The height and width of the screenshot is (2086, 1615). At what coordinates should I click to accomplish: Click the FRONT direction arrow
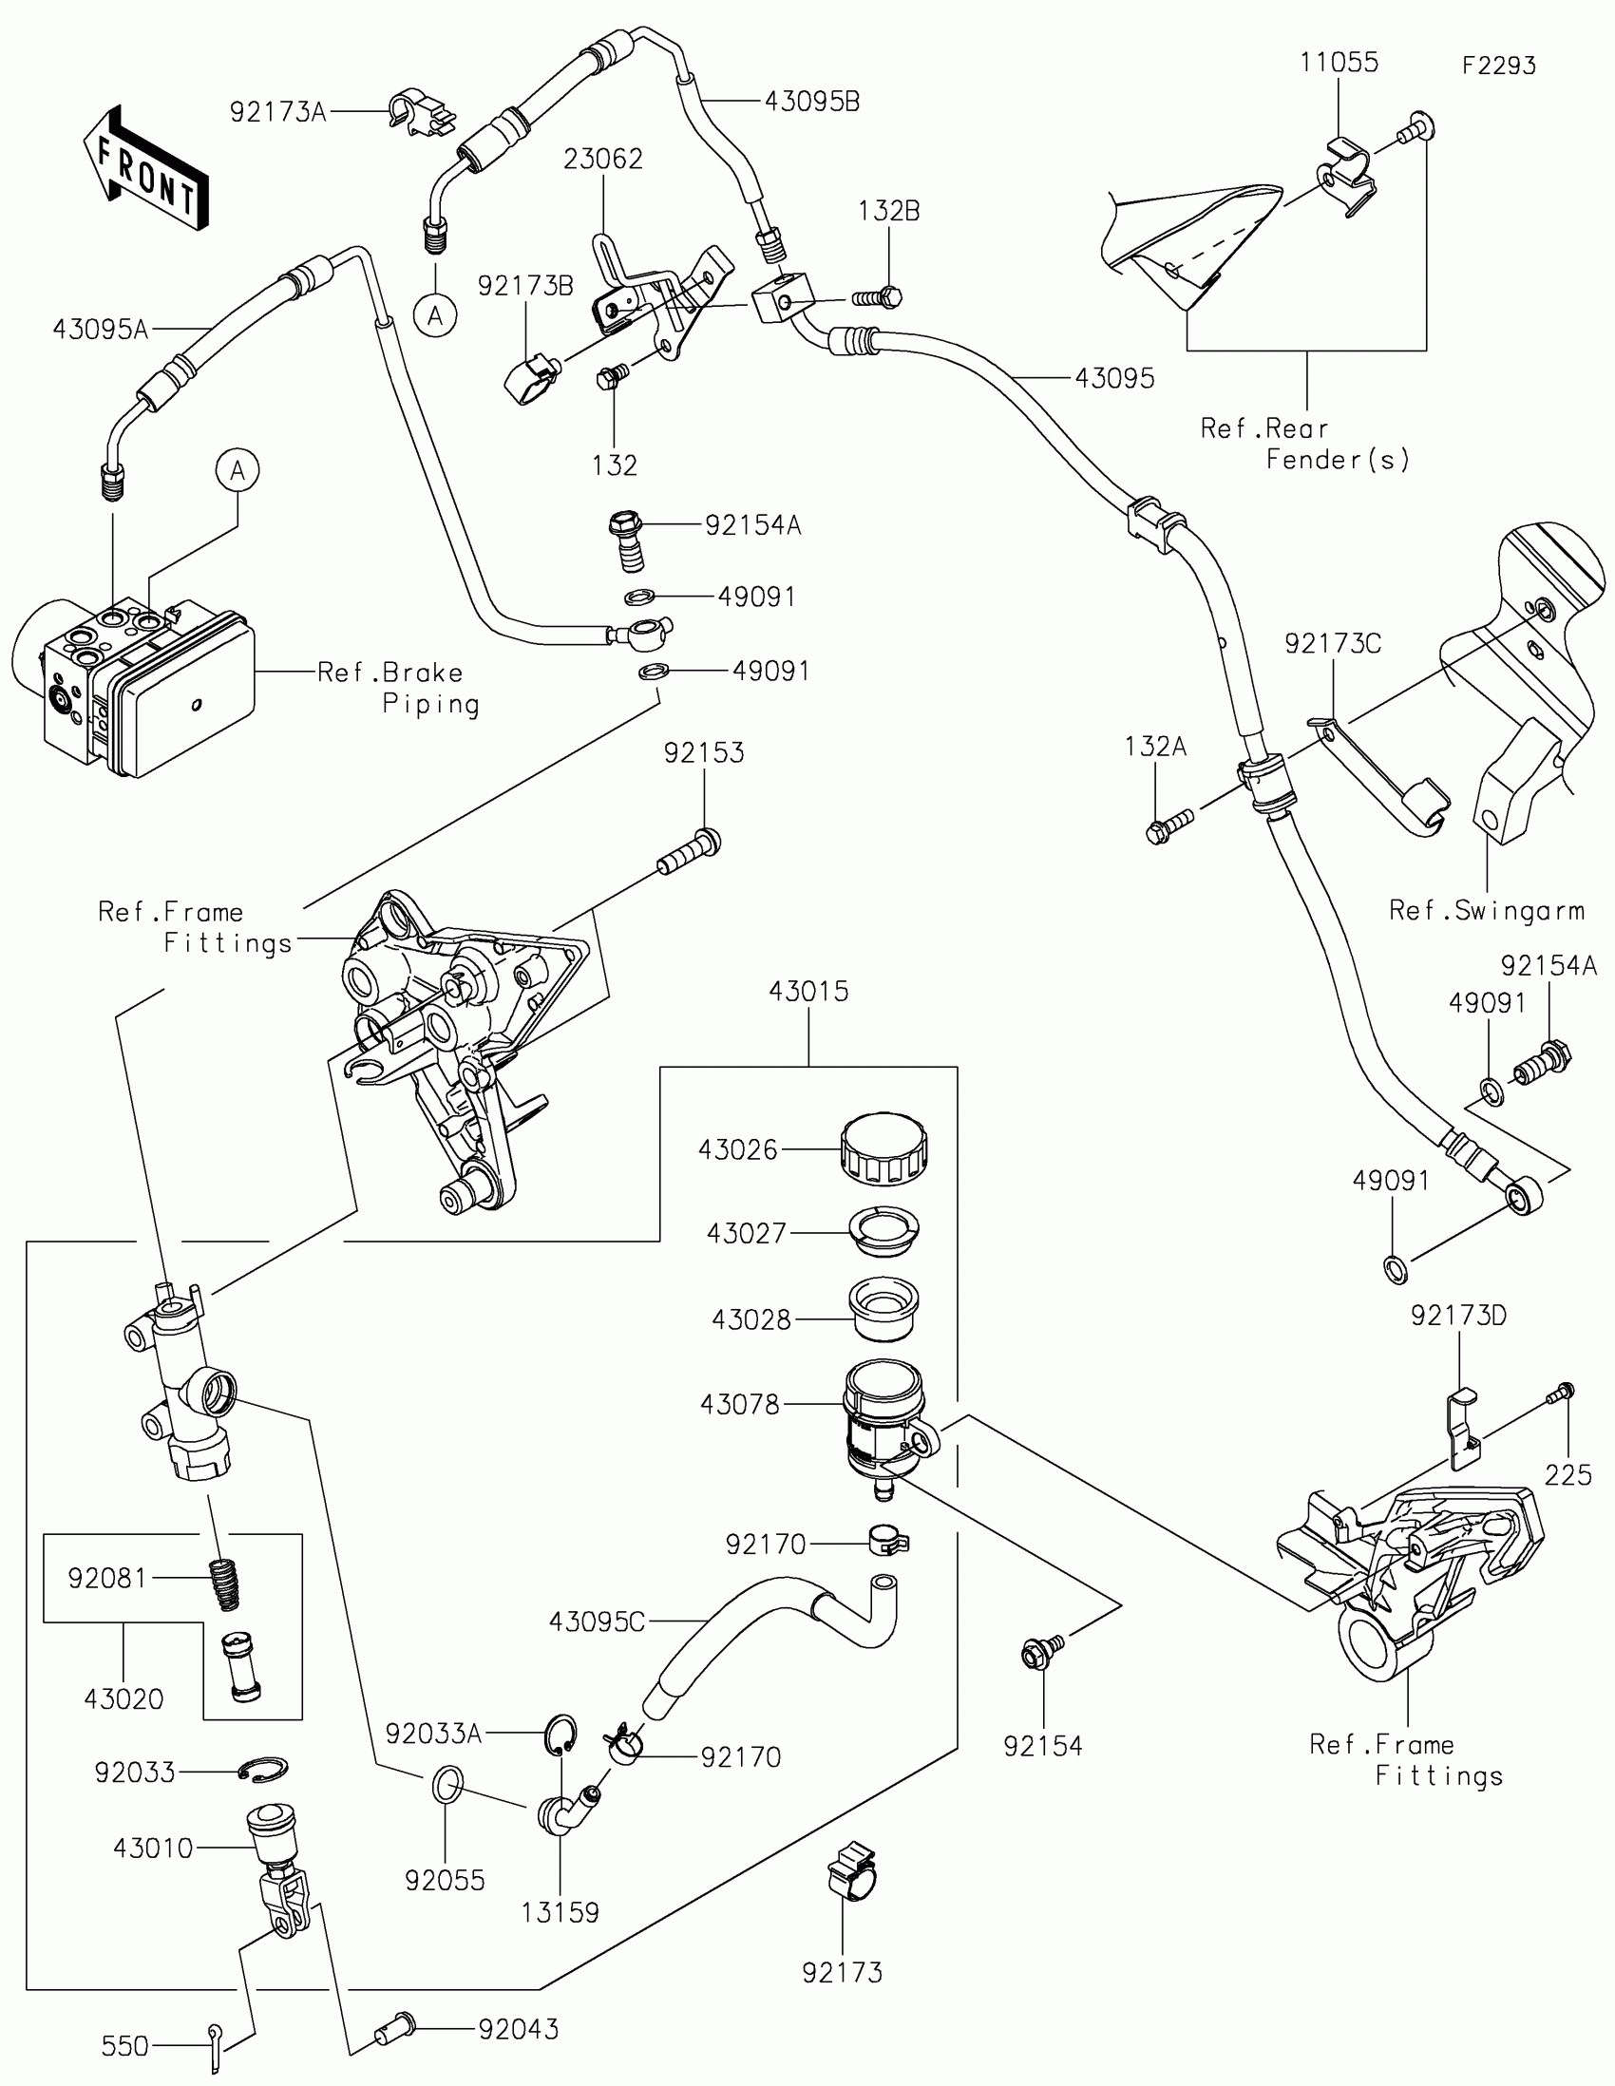(x=145, y=168)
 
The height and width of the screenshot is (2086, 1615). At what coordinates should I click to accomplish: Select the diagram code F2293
(x=1498, y=66)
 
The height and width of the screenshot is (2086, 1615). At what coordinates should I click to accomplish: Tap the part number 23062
(x=602, y=159)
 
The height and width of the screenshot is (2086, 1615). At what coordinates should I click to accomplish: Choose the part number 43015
(x=808, y=992)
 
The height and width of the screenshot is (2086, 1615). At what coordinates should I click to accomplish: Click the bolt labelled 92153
(x=690, y=853)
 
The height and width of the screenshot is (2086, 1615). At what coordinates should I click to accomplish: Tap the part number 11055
(x=1338, y=63)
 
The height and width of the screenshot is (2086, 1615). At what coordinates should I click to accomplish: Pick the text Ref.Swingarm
(x=1486, y=910)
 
